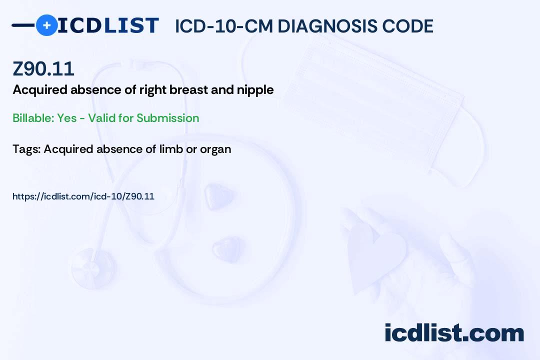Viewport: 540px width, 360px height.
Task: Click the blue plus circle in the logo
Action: tap(46, 25)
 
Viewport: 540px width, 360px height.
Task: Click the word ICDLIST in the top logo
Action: tap(108, 25)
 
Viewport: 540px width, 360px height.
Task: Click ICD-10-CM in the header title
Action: tap(224, 26)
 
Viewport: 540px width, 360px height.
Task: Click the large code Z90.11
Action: tap(43, 68)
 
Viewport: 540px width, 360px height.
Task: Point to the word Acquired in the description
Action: tap(40, 90)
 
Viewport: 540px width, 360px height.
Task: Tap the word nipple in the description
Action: tap(255, 90)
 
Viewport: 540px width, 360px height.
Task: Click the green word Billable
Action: tap(33, 118)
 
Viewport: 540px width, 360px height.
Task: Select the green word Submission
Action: tap(167, 118)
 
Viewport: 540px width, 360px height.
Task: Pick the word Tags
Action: tap(27, 149)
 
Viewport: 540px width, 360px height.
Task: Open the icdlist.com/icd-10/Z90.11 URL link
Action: tap(83, 196)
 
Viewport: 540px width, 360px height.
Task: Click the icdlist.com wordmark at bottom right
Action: tap(454, 333)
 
